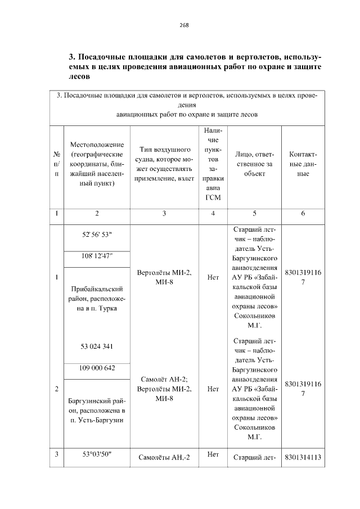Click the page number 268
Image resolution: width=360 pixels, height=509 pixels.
(x=184, y=25)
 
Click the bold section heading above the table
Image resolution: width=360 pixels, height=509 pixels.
(x=195, y=67)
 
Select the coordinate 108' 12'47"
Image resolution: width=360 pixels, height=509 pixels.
(x=97, y=256)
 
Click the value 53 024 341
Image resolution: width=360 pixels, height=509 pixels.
(x=97, y=346)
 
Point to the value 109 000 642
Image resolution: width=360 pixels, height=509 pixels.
(x=97, y=368)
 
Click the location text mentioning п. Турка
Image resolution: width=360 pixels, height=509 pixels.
(x=97, y=299)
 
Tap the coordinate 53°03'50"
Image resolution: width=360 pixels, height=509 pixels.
(x=97, y=454)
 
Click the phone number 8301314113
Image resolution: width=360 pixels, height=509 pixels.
(x=303, y=457)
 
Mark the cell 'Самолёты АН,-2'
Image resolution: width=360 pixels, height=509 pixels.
(x=164, y=457)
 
